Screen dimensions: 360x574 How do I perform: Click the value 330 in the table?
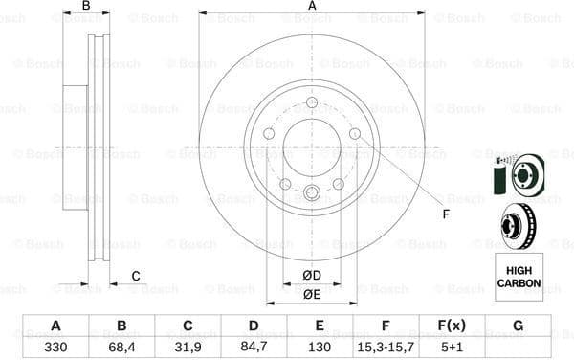55,347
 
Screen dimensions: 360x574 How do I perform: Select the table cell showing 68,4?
121,347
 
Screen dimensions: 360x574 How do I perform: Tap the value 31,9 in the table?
188,347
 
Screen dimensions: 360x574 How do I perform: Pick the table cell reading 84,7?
254,347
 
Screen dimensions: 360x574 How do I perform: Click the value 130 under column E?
320,347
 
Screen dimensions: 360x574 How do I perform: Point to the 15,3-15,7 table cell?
386,347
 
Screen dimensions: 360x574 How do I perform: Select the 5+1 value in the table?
452,347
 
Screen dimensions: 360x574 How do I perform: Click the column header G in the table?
518,326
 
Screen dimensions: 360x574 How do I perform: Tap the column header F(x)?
452,326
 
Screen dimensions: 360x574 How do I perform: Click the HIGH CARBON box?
518,277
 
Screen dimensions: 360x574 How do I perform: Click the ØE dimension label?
312,294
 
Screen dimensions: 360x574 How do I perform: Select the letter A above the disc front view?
312,7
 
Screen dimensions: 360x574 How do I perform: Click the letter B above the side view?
86,7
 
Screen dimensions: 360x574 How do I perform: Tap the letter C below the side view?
136,277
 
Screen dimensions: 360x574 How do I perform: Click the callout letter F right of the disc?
445,214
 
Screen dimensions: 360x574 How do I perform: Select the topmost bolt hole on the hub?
312,103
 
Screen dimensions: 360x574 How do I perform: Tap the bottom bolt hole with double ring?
312,193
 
